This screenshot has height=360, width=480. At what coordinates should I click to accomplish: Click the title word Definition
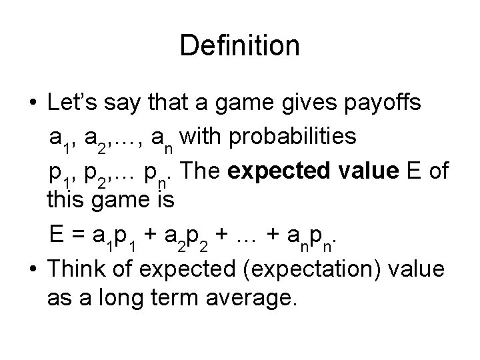click(x=239, y=46)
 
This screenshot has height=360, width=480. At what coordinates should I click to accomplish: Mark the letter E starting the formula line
click(x=57, y=235)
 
